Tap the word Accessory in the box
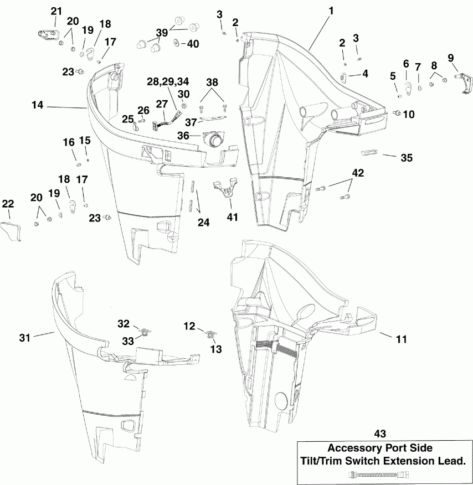point(357,449)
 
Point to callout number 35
point(407,157)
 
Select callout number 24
point(204,223)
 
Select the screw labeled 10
point(397,113)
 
